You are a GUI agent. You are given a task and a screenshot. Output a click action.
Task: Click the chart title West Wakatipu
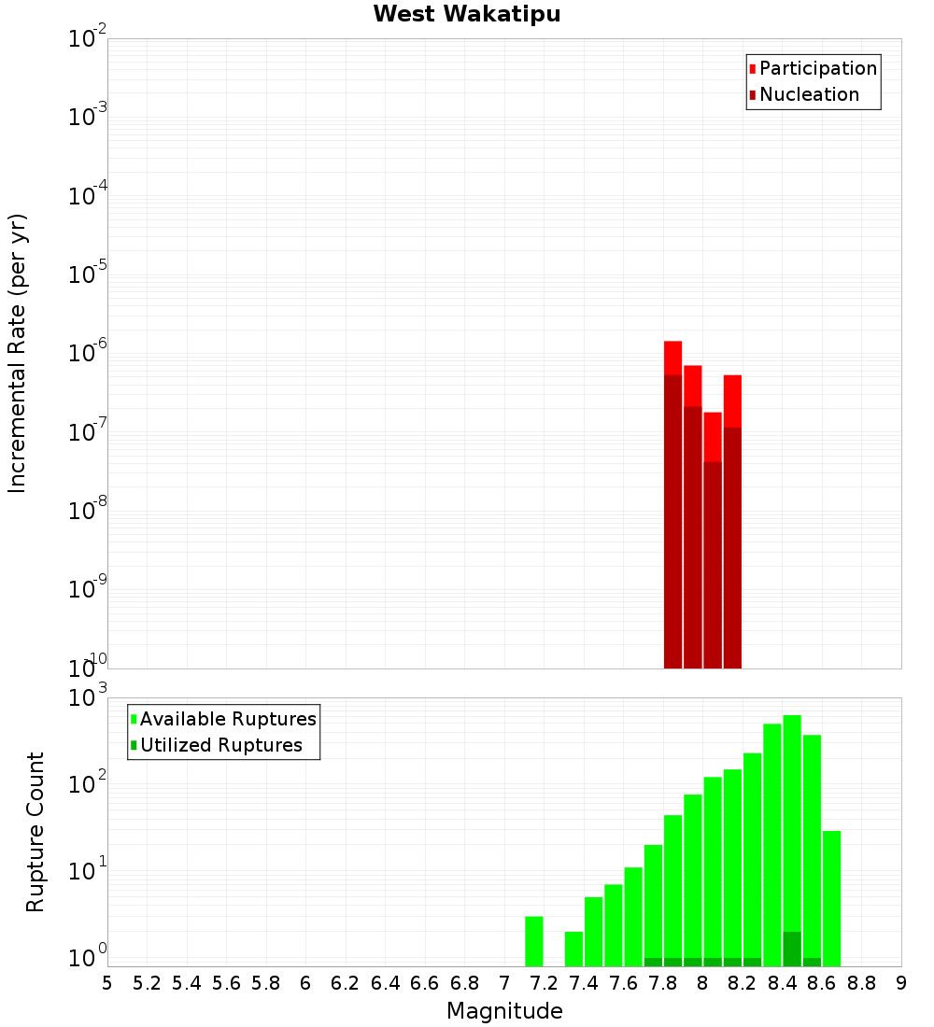(467, 15)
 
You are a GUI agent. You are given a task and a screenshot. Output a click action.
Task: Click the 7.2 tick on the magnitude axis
(544, 983)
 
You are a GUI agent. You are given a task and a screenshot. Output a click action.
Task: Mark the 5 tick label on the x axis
(107, 983)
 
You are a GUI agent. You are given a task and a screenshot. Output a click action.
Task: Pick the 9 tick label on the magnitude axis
(901, 983)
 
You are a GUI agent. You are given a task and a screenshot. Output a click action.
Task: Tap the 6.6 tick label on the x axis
(425, 983)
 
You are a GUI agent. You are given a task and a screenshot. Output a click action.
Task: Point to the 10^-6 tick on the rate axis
(88, 353)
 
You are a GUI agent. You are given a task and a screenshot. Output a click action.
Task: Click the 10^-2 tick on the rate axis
(88, 39)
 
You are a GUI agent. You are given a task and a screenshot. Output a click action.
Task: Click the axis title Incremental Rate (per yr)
(18, 353)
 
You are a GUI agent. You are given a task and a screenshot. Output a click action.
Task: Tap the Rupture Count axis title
(35, 831)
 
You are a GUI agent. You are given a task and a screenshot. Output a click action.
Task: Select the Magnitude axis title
(504, 1011)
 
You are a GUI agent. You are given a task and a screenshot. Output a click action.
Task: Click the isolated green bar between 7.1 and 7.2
(534, 941)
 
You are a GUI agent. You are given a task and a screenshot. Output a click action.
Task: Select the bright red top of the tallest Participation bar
(672, 358)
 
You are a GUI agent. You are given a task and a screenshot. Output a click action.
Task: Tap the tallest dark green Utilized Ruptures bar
(792, 949)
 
